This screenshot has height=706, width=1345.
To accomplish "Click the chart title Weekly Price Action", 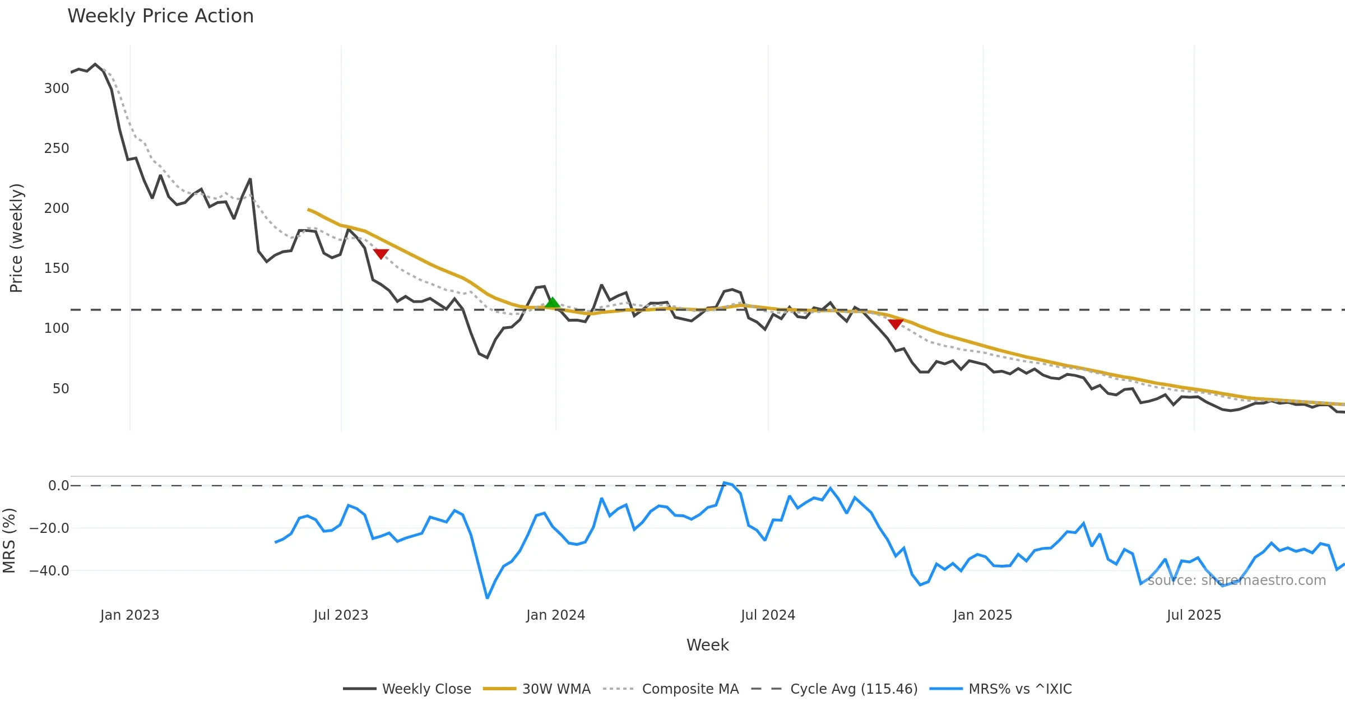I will (160, 16).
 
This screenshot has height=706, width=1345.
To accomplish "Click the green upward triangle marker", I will (552, 303).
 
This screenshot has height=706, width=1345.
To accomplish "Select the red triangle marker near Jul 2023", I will (381, 254).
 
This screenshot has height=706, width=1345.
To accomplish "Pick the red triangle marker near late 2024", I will (896, 324).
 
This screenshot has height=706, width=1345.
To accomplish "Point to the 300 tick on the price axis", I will (57, 89).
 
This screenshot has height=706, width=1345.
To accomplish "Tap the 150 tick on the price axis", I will (57, 268).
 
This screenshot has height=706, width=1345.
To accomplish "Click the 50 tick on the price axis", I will (61, 389).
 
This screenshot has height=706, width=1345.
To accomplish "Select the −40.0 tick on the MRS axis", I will (49, 571).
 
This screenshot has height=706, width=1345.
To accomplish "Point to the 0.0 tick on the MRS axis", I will (58, 486).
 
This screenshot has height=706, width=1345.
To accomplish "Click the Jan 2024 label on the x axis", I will (555, 615).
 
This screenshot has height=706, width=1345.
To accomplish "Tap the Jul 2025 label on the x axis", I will (1194, 615).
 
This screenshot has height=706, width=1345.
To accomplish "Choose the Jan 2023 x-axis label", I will (130, 615).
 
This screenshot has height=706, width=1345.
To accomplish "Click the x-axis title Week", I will (707, 645).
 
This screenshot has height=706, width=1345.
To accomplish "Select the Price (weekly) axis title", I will (16, 238).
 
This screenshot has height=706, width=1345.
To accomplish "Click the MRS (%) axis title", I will (10, 540).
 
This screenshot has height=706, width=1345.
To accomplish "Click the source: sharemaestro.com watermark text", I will (1236, 580).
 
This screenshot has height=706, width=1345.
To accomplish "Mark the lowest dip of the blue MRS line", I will (487, 598).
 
